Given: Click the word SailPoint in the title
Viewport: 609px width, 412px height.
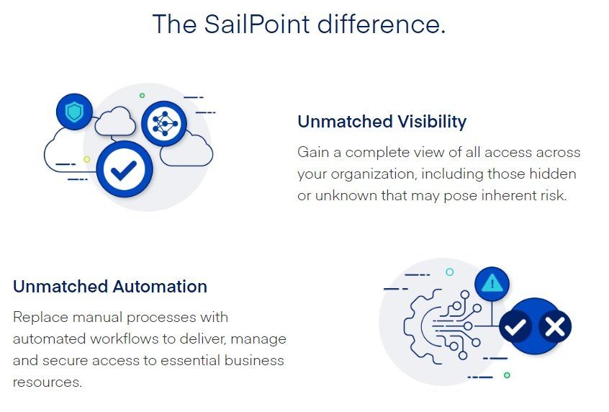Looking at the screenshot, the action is click(257, 24).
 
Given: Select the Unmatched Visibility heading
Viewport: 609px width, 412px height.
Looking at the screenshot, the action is click(382, 121).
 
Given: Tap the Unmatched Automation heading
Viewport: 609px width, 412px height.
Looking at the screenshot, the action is click(110, 287).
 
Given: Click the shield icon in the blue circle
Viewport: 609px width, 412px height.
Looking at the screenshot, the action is click(74, 112).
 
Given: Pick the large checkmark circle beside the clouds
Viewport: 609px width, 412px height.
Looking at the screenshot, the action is click(125, 170).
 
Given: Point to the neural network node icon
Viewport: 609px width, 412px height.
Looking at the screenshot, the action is click(164, 124).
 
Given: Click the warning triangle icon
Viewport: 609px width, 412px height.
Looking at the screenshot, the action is click(492, 284).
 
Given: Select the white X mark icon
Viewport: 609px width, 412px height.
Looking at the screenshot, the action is click(555, 326).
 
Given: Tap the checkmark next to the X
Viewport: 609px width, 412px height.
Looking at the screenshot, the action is click(515, 326).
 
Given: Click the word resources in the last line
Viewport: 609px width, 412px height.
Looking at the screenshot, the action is click(47, 382).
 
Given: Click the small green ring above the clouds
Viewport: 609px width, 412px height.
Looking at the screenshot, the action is click(142, 96).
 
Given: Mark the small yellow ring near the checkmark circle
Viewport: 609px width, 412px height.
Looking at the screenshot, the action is click(87, 159).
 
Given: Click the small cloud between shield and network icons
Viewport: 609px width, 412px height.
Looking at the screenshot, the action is click(115, 121).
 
